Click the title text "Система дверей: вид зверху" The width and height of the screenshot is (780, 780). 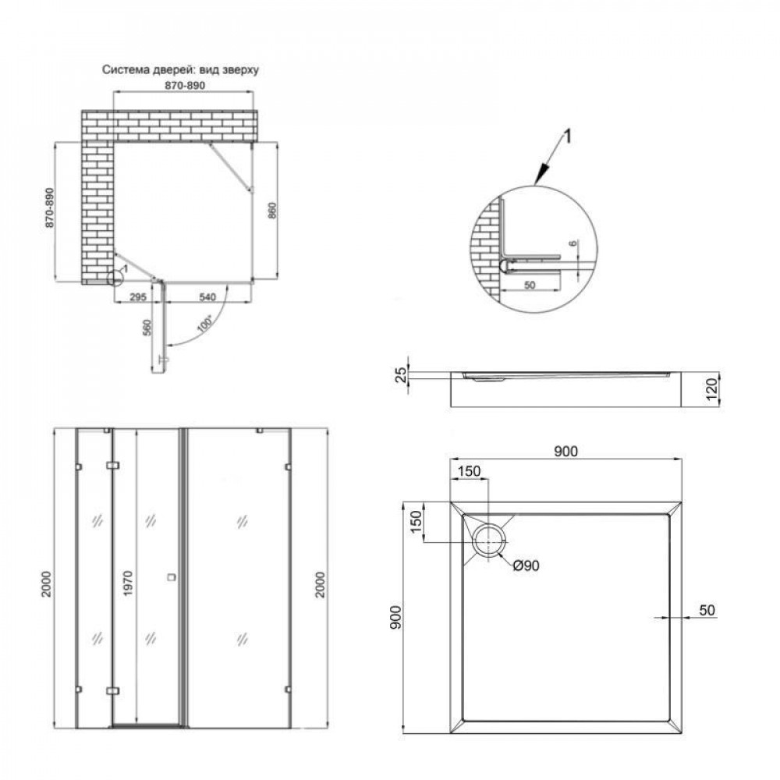(180, 69)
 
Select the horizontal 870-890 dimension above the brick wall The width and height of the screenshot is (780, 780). (184, 86)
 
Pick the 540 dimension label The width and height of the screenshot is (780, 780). (207, 296)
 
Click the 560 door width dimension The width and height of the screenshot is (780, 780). (147, 328)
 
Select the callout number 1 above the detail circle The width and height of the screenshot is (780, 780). (568, 137)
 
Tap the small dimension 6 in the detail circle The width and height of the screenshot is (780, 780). (575, 244)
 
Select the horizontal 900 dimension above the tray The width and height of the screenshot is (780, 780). (565, 451)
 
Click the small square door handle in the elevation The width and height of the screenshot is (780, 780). (172, 578)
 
